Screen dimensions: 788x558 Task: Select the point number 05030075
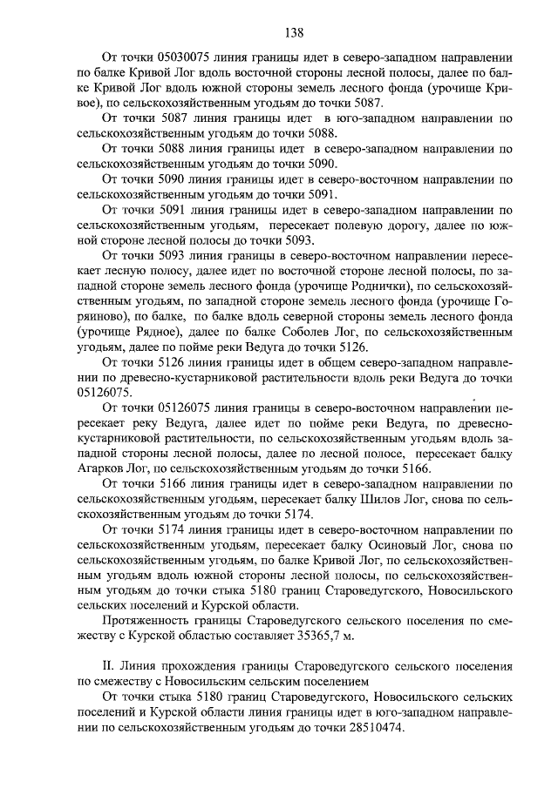[x=174, y=56]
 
